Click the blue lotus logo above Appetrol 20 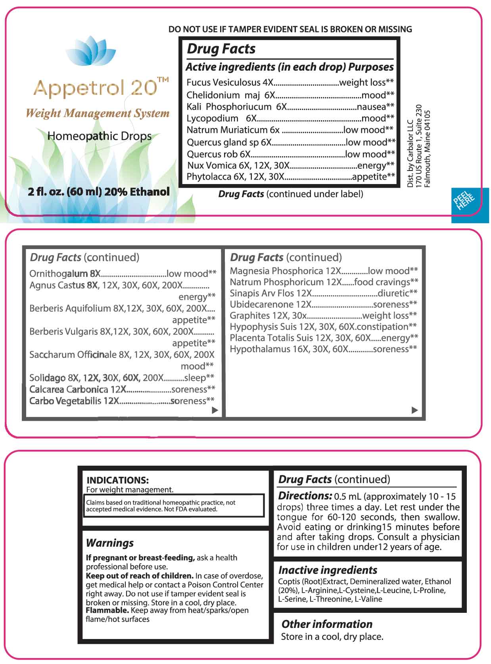tap(91, 51)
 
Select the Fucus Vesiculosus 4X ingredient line tap(290, 83)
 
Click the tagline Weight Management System tap(97, 113)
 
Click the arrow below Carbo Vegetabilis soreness tap(215, 410)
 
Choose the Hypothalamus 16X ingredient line tap(323, 349)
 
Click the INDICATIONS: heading tap(117, 480)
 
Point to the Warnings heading tap(110, 543)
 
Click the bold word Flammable tap(107, 610)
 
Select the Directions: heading tap(305, 496)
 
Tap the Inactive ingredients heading tap(328, 570)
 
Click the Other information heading tap(327, 624)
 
